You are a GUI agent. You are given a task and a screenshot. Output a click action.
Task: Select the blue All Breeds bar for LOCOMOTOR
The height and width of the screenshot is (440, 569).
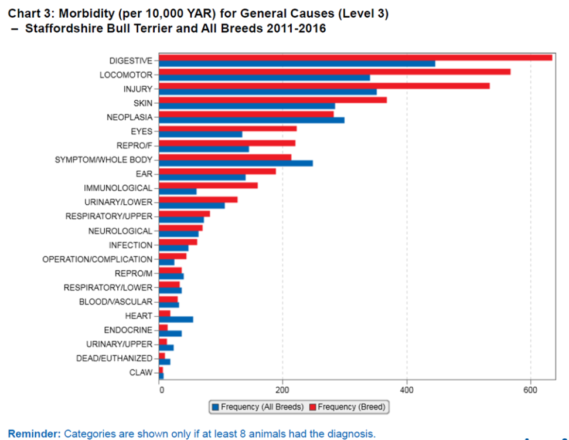pos(264,77)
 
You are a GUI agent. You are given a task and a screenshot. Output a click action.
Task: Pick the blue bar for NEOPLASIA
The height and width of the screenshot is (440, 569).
pos(251,120)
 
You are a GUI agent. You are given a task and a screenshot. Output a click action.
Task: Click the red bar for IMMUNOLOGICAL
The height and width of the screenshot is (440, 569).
pos(208,185)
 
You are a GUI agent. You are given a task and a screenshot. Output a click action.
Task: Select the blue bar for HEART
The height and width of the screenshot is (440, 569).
pos(176,319)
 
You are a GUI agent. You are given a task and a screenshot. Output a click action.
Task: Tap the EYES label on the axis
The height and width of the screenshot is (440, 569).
pos(141,131)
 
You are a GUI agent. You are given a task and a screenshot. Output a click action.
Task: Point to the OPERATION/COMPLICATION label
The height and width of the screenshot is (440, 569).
pos(97,259)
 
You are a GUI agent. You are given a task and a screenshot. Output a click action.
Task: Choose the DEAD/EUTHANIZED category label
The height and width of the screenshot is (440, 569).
pos(114,358)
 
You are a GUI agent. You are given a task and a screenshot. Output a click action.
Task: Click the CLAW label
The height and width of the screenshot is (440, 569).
pos(141,373)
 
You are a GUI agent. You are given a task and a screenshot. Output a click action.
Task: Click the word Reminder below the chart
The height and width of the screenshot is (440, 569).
pos(33,434)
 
